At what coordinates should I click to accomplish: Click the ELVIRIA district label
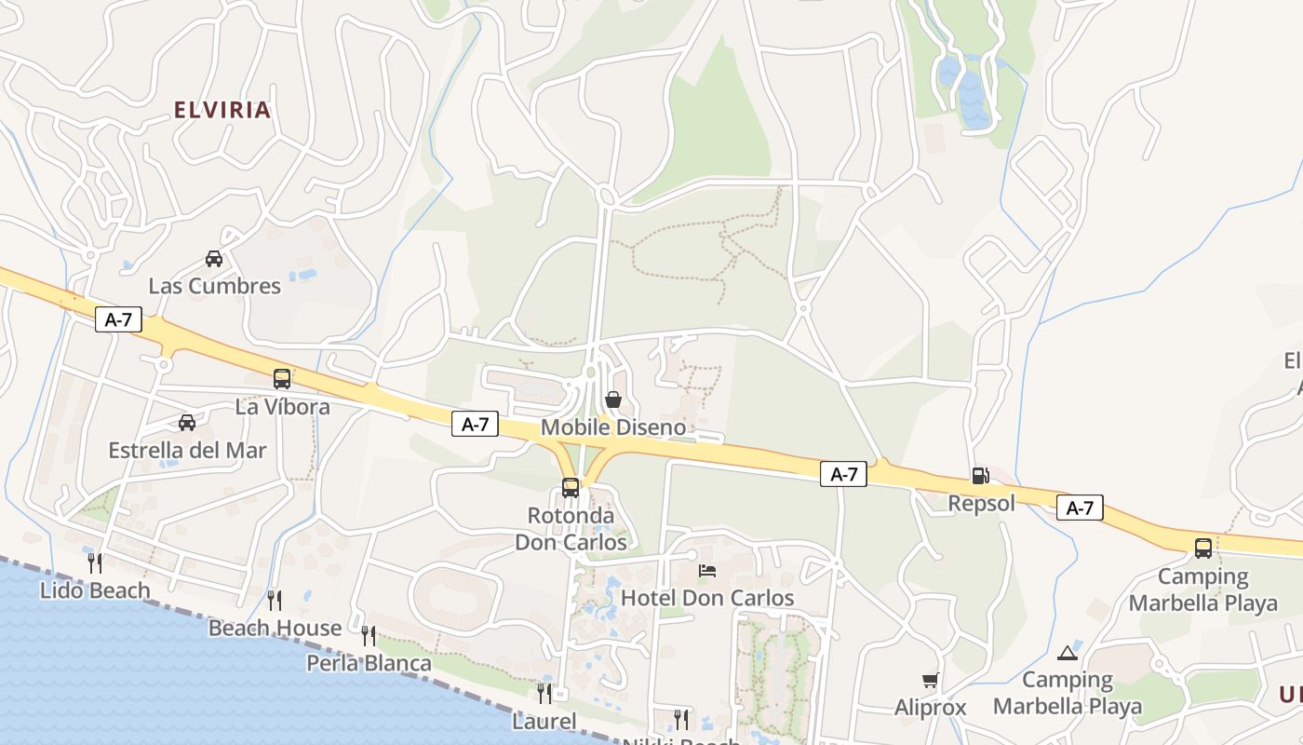point(222,110)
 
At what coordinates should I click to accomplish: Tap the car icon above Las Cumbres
point(214,259)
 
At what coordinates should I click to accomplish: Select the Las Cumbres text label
point(215,286)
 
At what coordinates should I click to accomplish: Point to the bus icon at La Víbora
point(282,379)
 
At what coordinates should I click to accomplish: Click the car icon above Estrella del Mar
point(187,423)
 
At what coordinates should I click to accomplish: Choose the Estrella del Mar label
point(187,451)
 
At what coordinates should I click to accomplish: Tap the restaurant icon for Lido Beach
point(95,562)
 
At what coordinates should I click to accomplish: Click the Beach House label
point(275,629)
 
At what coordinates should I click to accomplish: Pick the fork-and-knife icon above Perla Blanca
point(369,636)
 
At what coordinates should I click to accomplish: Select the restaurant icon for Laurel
point(544,694)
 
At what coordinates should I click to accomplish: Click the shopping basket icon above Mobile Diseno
point(613,400)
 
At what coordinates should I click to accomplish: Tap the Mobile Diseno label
point(613,427)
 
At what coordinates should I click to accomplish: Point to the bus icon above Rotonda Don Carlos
point(571,487)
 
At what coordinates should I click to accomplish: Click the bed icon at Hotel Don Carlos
point(707,571)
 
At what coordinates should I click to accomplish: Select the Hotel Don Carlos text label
point(707,598)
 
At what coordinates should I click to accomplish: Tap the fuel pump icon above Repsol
point(980,476)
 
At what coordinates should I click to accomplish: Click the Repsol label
point(981,504)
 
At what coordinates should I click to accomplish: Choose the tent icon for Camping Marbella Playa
point(1067,653)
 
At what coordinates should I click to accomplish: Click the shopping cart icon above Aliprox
point(930,681)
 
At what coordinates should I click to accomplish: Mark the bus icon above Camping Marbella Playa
point(1203,548)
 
